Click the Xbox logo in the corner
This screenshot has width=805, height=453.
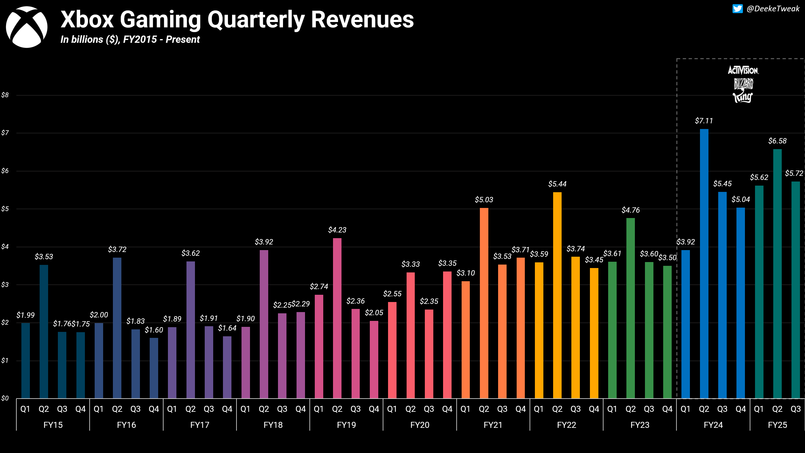(x=27, y=27)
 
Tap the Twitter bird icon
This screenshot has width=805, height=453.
(x=737, y=9)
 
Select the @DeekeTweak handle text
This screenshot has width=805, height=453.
(x=773, y=9)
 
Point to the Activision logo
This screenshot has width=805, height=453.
(x=743, y=70)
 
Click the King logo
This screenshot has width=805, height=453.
(x=743, y=97)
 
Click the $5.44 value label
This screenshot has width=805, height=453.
(x=557, y=184)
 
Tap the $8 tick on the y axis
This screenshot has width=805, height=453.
(x=5, y=95)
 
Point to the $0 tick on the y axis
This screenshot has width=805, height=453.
(x=5, y=398)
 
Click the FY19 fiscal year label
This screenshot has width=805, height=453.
(x=346, y=425)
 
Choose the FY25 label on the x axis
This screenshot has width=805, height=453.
(x=777, y=425)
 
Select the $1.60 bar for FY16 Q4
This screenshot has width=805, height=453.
(x=154, y=368)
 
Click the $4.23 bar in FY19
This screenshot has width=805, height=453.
(x=337, y=318)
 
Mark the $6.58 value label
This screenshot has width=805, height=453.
(x=777, y=141)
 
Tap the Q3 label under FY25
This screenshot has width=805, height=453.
(x=796, y=409)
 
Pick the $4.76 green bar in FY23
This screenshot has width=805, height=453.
(x=630, y=308)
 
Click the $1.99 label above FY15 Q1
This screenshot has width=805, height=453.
(x=25, y=315)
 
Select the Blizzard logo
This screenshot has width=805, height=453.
(x=743, y=84)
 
